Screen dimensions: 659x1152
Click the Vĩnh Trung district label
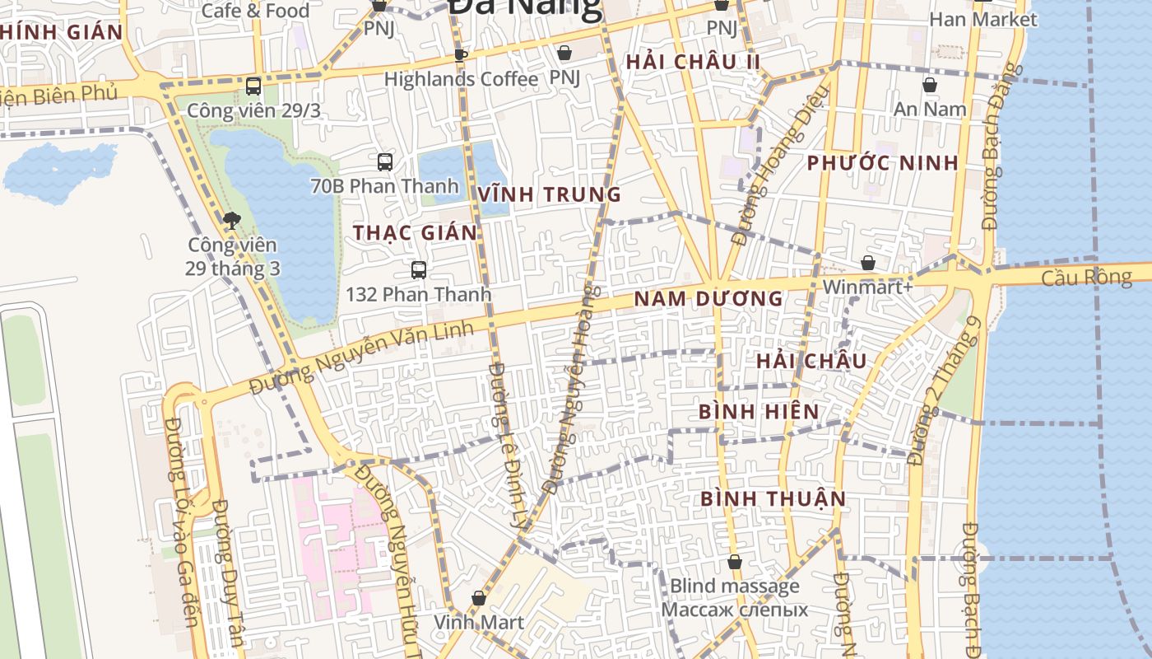549,195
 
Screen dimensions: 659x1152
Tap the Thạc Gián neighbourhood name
416,233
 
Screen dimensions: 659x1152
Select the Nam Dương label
708,299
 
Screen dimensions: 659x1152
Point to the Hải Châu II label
693,63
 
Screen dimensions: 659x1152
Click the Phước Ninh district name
882,163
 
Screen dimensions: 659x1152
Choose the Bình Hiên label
759,412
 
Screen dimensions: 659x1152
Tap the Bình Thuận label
773,499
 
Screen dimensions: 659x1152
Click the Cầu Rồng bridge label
1086,278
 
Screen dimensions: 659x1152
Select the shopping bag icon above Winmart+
867,264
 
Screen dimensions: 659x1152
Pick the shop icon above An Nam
930,85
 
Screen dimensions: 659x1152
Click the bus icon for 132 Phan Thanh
418,269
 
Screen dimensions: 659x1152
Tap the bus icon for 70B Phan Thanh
384,161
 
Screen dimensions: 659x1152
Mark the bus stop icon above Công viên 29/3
253,86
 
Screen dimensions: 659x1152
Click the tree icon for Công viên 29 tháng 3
232,220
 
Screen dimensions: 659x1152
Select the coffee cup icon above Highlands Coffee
460,55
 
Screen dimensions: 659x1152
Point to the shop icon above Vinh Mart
479,598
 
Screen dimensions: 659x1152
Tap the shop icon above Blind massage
734,563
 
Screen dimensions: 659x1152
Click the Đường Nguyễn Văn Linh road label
362,358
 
